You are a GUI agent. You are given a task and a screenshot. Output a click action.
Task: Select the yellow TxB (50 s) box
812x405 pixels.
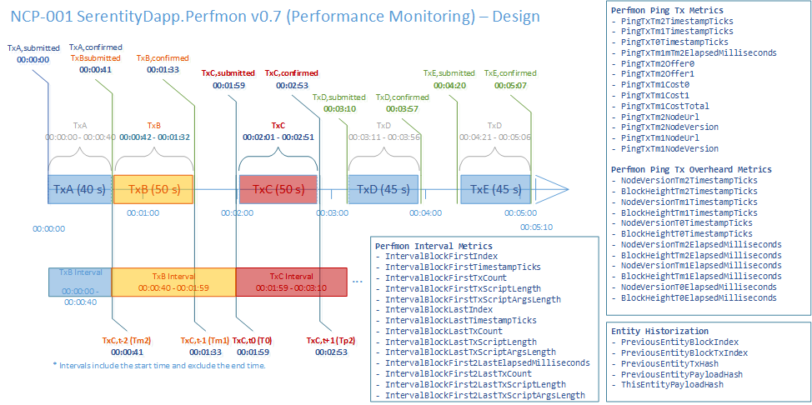(153, 189)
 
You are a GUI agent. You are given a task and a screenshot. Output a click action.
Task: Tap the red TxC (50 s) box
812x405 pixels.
(278, 189)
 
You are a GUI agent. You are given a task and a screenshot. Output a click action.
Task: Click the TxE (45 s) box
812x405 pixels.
(496, 189)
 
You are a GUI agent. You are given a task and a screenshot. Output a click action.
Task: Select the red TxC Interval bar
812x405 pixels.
(291, 282)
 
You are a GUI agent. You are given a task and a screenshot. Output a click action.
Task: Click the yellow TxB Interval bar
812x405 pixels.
(173, 282)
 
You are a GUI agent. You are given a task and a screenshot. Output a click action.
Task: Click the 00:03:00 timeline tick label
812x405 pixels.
(332, 213)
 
